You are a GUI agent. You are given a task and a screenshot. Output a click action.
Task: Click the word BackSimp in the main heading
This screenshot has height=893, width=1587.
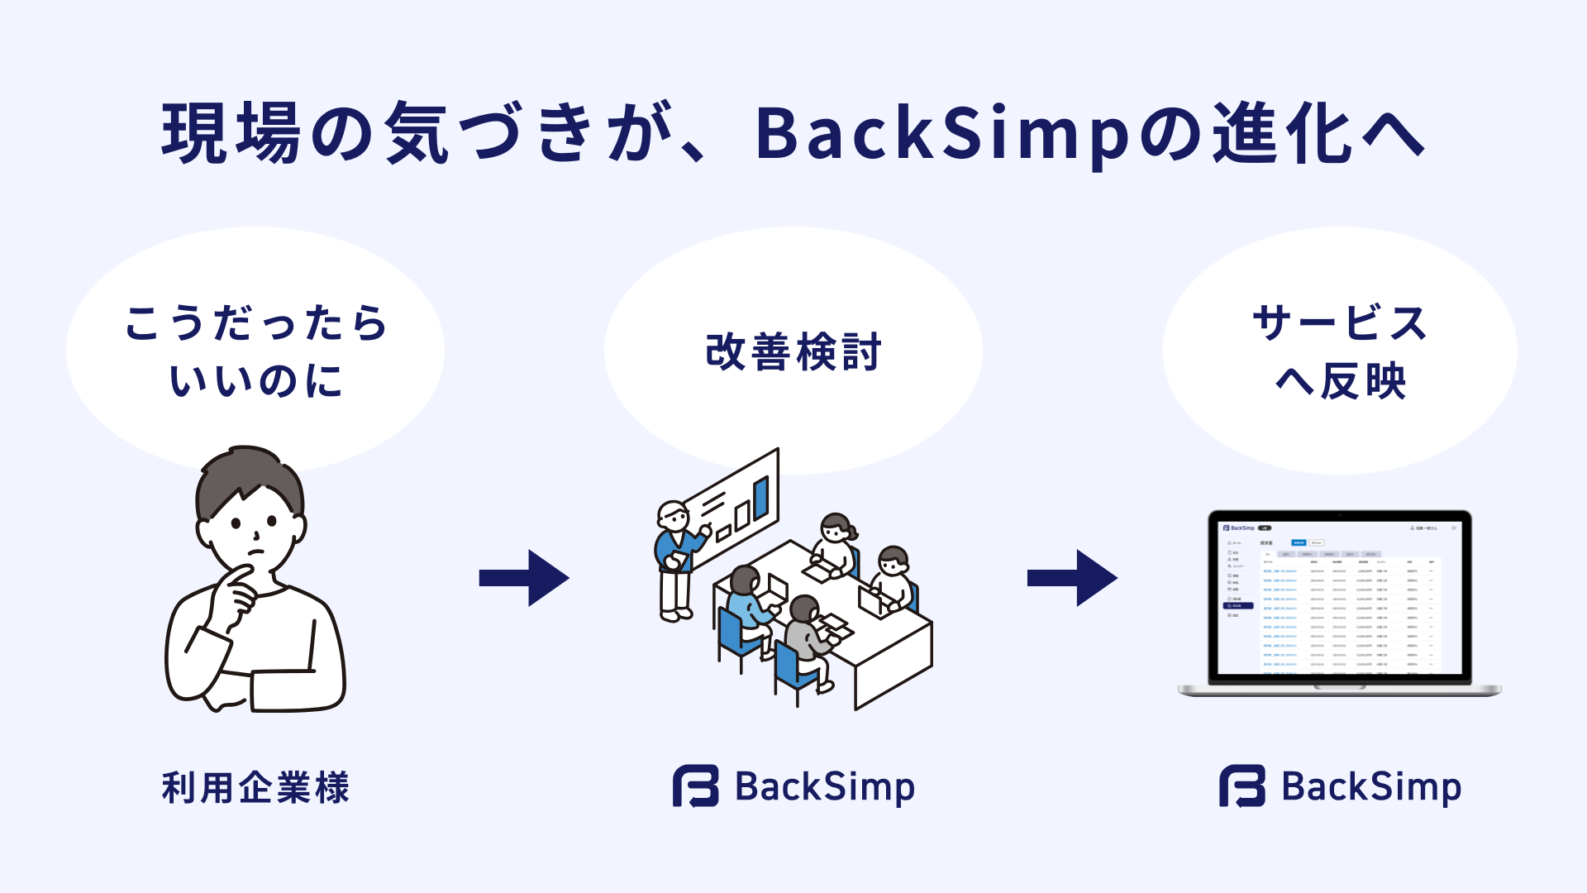[942, 134]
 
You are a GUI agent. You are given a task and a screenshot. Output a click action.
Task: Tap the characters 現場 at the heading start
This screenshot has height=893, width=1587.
[231, 134]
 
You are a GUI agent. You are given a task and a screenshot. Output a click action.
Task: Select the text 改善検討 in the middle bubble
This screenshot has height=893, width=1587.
[793, 352]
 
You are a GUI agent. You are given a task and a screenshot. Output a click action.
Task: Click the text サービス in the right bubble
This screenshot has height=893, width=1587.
[1340, 322]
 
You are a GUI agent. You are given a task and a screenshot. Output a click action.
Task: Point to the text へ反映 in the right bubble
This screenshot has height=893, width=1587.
[1340, 381]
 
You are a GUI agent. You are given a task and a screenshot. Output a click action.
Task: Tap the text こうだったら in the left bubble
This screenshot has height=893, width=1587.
[256, 322]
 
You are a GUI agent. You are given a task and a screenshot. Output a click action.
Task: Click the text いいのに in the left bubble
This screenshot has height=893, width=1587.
[256, 381]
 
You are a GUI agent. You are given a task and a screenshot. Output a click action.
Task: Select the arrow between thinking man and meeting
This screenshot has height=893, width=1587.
[524, 578]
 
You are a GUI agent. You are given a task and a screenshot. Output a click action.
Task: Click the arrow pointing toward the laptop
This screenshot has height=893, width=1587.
[1072, 578]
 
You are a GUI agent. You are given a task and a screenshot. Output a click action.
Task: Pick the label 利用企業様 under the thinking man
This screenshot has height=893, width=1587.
[256, 787]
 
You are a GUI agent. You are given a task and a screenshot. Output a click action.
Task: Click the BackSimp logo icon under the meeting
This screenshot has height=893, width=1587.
[695, 786]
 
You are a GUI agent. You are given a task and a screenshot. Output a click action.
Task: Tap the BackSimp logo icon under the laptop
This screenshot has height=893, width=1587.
[1242, 786]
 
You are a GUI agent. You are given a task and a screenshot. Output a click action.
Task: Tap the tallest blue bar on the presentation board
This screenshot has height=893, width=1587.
[761, 497]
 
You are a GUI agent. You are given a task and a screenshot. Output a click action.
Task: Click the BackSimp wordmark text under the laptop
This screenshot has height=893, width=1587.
[1371, 787]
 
